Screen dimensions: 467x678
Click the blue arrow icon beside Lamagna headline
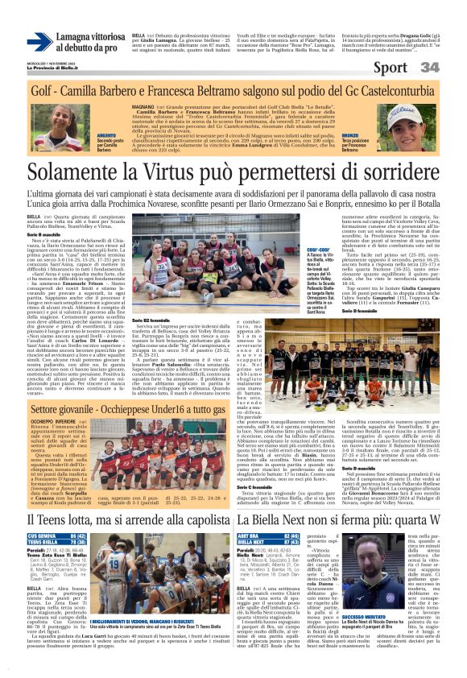pyautogui.click(x=39, y=42)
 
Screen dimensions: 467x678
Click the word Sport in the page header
pyautogui.click(x=390, y=68)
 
